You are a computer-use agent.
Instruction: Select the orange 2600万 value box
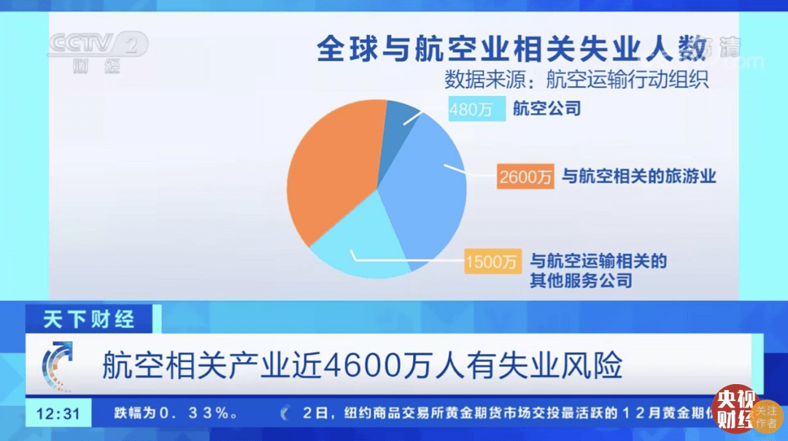tap(525, 176)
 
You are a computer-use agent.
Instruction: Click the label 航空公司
tap(546, 109)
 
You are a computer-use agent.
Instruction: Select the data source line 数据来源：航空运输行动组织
tap(576, 77)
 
